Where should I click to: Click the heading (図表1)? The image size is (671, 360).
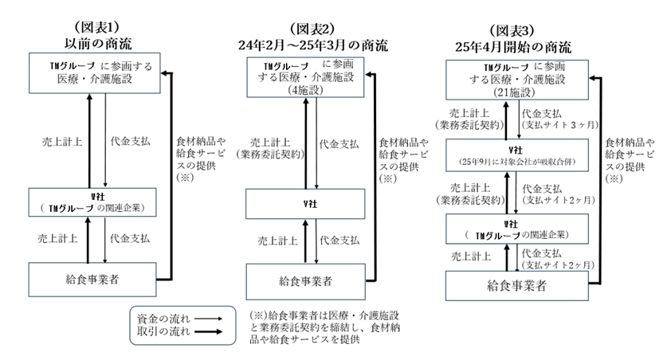point(97,27)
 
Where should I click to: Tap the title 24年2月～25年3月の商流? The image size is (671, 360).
point(313,45)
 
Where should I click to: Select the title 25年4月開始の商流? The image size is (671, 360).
point(512,47)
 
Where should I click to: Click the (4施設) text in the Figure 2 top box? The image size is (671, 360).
point(305,90)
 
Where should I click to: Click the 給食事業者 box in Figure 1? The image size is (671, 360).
point(92,280)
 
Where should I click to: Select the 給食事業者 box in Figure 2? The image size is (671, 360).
point(305,282)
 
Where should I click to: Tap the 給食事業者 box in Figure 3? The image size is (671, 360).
point(517,286)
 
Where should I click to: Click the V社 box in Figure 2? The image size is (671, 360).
point(305,204)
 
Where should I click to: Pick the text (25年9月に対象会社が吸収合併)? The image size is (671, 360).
point(517,162)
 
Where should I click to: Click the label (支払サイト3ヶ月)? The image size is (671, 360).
point(560,125)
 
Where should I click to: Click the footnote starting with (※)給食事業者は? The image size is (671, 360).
point(325,327)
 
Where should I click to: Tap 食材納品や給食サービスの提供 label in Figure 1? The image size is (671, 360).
point(200,159)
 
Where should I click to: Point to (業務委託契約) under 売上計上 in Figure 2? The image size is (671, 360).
point(270,155)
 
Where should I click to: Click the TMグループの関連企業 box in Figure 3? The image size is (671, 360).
point(517,229)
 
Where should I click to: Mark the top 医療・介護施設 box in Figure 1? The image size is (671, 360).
point(95,73)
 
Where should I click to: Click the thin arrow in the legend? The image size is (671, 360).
point(208,319)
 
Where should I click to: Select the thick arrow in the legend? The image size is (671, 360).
point(208,332)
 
